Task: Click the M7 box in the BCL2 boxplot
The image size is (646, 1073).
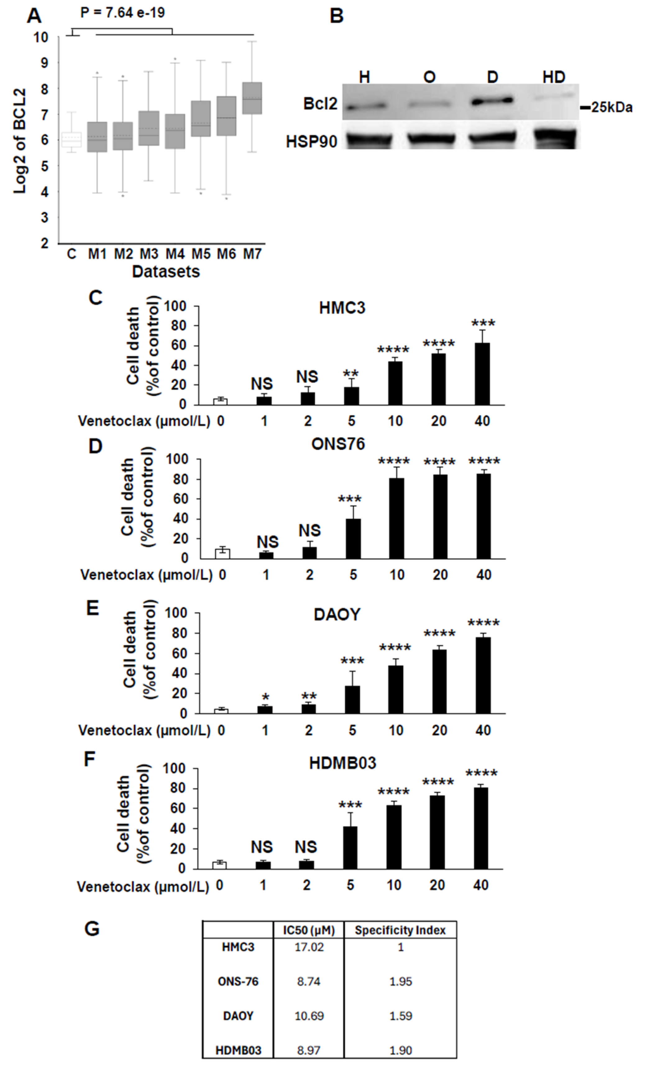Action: [252, 98]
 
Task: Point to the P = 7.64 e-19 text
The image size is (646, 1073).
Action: [123, 13]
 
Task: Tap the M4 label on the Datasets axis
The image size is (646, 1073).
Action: [175, 253]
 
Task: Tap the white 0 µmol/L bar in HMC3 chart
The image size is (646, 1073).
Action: [221, 401]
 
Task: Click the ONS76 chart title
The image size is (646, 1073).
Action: [338, 444]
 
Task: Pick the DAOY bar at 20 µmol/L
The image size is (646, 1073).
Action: [439, 681]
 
